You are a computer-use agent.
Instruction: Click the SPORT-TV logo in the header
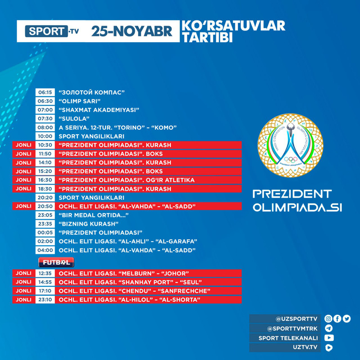pyautogui.click(x=52, y=31)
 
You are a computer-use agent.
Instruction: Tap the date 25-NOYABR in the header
pyautogui.click(x=132, y=31)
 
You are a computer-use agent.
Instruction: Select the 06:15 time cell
pyautogui.click(x=45, y=93)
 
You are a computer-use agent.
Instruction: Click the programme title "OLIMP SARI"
pyautogui.click(x=80, y=101)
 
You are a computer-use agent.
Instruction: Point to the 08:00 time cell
pyautogui.click(x=45, y=127)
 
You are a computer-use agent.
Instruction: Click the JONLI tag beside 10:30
pyautogui.click(x=23, y=145)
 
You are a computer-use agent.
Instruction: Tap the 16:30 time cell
pyautogui.click(x=45, y=180)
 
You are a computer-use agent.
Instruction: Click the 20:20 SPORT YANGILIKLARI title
pyautogui.click(x=92, y=197)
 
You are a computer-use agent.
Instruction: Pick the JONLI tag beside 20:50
pyautogui.click(x=23, y=206)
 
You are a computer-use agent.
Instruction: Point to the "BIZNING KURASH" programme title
pyautogui.click(x=89, y=224)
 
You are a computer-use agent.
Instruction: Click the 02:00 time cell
pyautogui.click(x=45, y=241)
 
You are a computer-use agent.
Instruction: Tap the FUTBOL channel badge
pyautogui.click(x=56, y=262)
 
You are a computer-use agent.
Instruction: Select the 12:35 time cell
pyautogui.click(x=45, y=273)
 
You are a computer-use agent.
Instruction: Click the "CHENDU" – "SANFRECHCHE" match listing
pyautogui.click(x=135, y=291)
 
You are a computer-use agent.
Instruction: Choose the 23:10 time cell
pyautogui.click(x=45, y=300)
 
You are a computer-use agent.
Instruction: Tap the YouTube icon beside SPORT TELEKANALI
pyautogui.click(x=329, y=338)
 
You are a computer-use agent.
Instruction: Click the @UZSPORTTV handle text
pyautogui.click(x=297, y=319)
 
